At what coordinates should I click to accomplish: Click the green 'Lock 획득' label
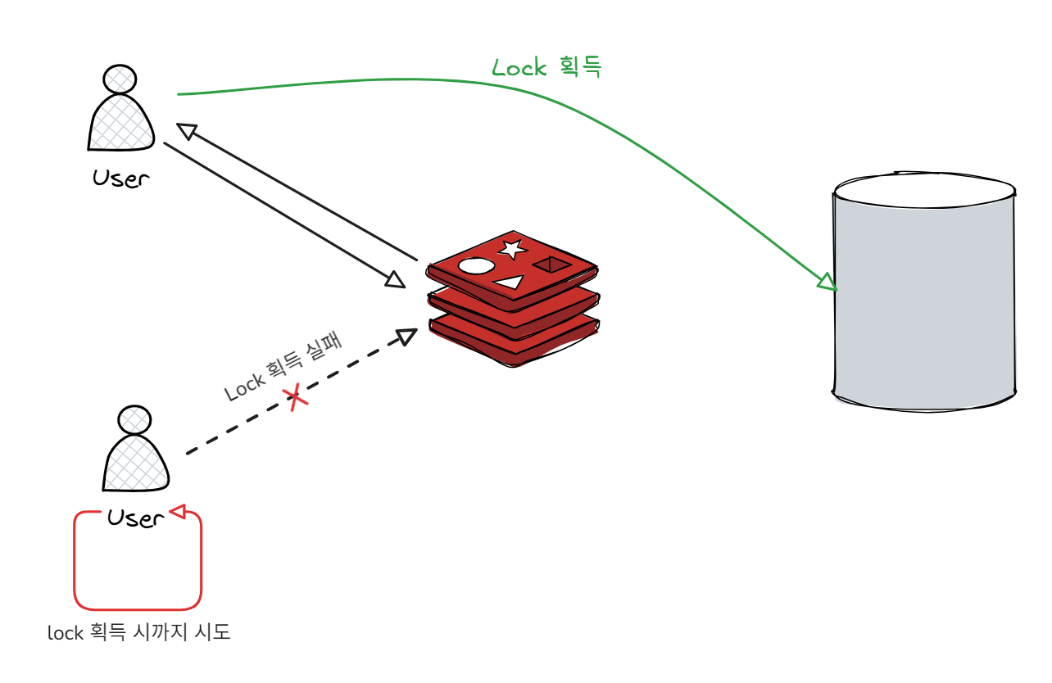click(x=546, y=67)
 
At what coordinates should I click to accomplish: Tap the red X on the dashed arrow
click(x=296, y=399)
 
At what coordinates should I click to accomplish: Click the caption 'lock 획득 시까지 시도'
click(x=139, y=633)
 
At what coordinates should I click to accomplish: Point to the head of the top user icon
click(x=120, y=79)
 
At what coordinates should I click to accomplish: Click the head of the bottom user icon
click(x=134, y=420)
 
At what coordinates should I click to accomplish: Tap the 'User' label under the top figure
click(x=121, y=179)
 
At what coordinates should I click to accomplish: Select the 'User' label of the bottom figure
click(x=136, y=518)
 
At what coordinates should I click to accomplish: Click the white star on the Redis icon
click(x=512, y=248)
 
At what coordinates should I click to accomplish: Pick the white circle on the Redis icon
click(x=476, y=266)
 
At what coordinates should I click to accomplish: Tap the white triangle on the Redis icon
click(x=509, y=283)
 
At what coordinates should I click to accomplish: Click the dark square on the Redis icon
click(x=551, y=264)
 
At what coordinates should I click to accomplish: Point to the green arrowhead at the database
click(x=827, y=283)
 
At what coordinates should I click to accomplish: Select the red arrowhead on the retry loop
click(x=178, y=513)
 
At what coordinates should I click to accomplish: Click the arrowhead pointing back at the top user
click(x=187, y=131)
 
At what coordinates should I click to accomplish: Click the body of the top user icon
click(x=121, y=123)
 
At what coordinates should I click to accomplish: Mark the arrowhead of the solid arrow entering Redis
click(x=396, y=280)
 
